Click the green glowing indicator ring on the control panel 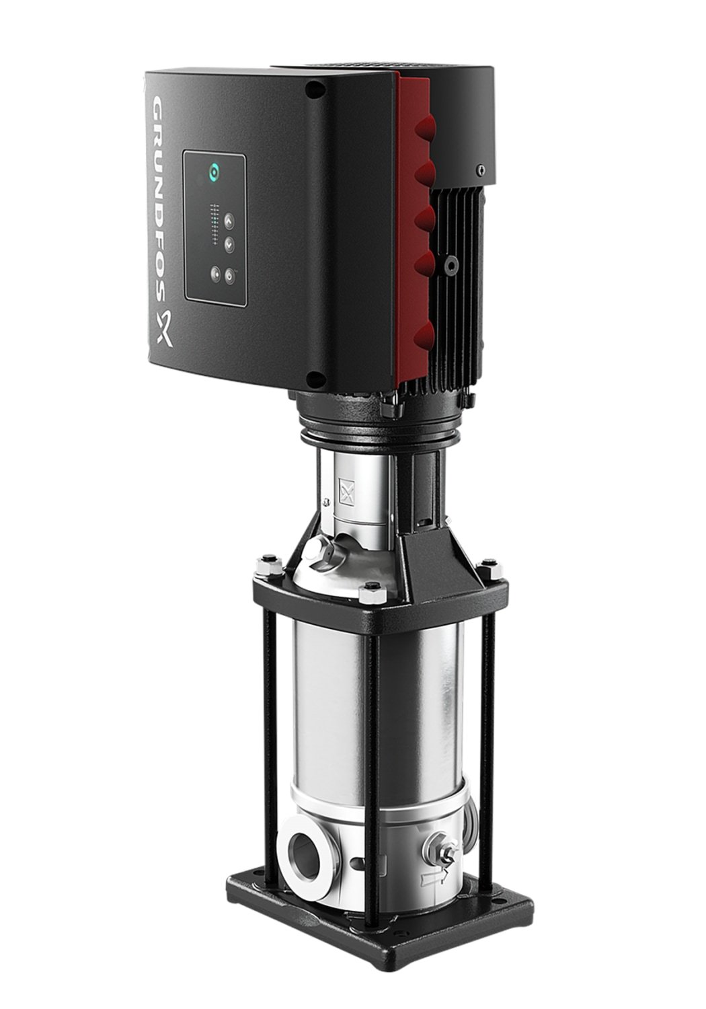coord(214,171)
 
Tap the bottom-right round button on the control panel coord(230,276)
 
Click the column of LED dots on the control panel coord(214,224)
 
